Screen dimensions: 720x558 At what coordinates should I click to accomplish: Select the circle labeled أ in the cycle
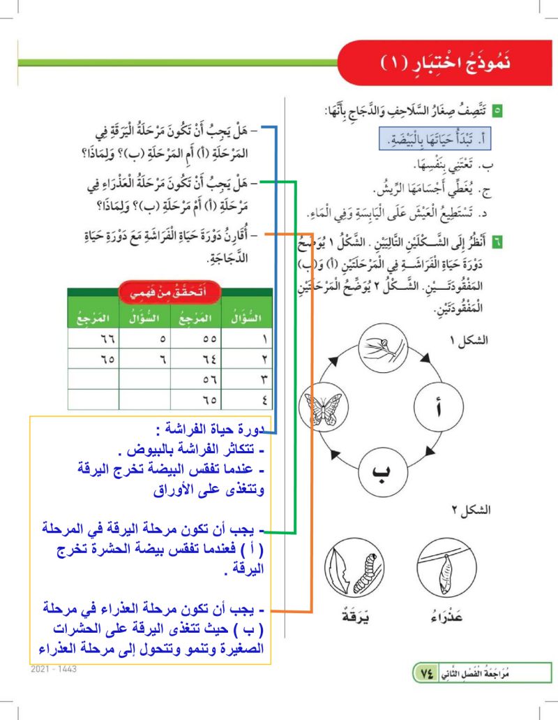(438, 409)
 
